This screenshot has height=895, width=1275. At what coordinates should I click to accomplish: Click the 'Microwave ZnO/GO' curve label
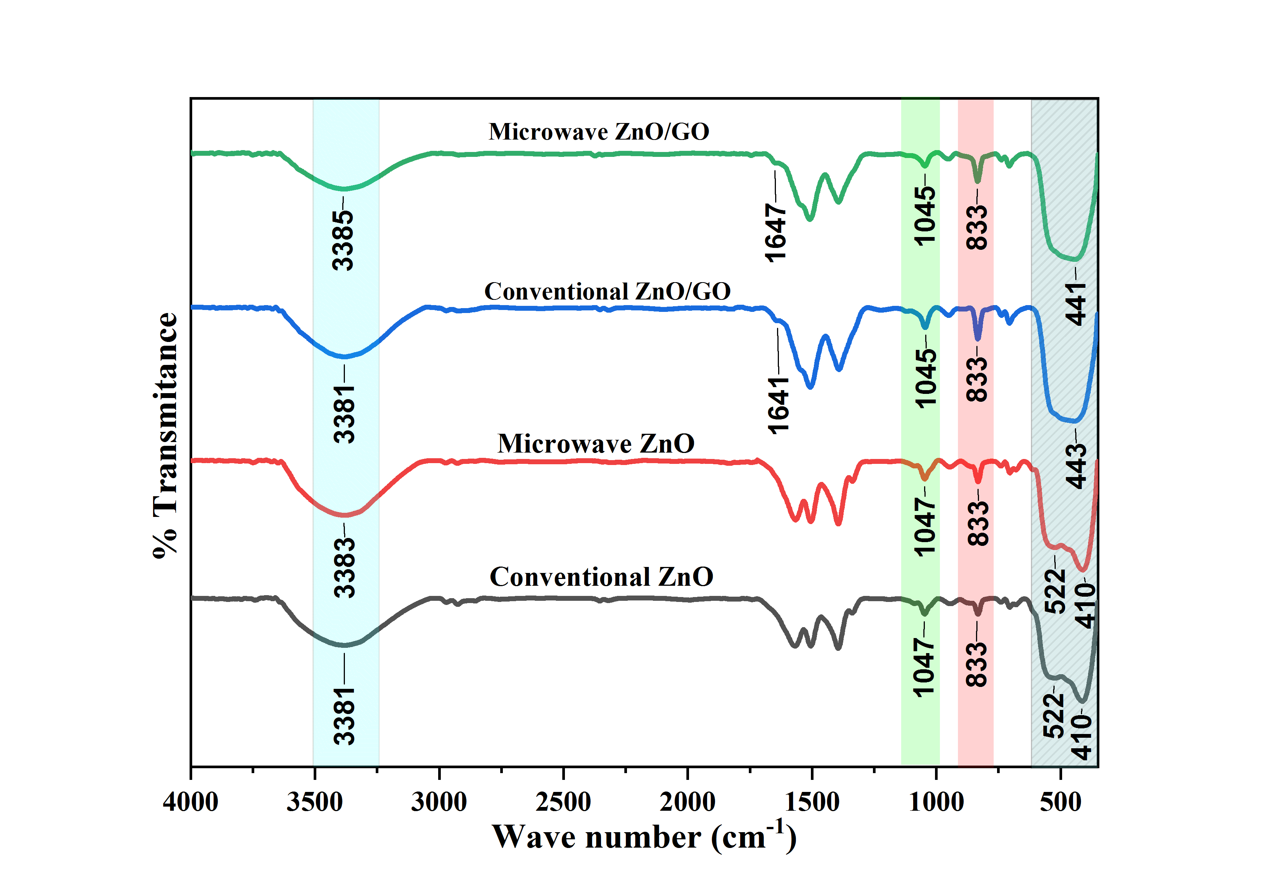point(599,132)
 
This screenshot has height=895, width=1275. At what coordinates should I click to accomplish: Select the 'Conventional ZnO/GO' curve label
point(607,291)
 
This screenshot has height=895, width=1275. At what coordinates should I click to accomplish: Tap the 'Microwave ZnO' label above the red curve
point(595,443)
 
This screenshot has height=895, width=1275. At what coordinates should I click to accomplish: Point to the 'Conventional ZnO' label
point(601,577)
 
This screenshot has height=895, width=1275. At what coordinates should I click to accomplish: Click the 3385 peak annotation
point(343,240)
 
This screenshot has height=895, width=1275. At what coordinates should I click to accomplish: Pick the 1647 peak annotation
point(775,232)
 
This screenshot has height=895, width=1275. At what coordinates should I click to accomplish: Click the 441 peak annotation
point(1076,303)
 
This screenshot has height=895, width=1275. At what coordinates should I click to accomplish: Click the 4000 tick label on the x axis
point(190,802)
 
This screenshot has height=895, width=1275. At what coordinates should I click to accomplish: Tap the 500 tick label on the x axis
point(1061,802)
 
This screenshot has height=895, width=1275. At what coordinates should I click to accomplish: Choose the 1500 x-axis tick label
point(812,802)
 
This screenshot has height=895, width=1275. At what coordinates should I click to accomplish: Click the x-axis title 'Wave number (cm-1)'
point(644,836)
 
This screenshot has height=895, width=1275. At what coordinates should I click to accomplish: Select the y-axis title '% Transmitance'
point(165,435)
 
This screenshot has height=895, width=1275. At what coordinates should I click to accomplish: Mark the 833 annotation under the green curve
point(977,227)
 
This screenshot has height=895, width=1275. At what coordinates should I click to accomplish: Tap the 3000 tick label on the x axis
point(439,802)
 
